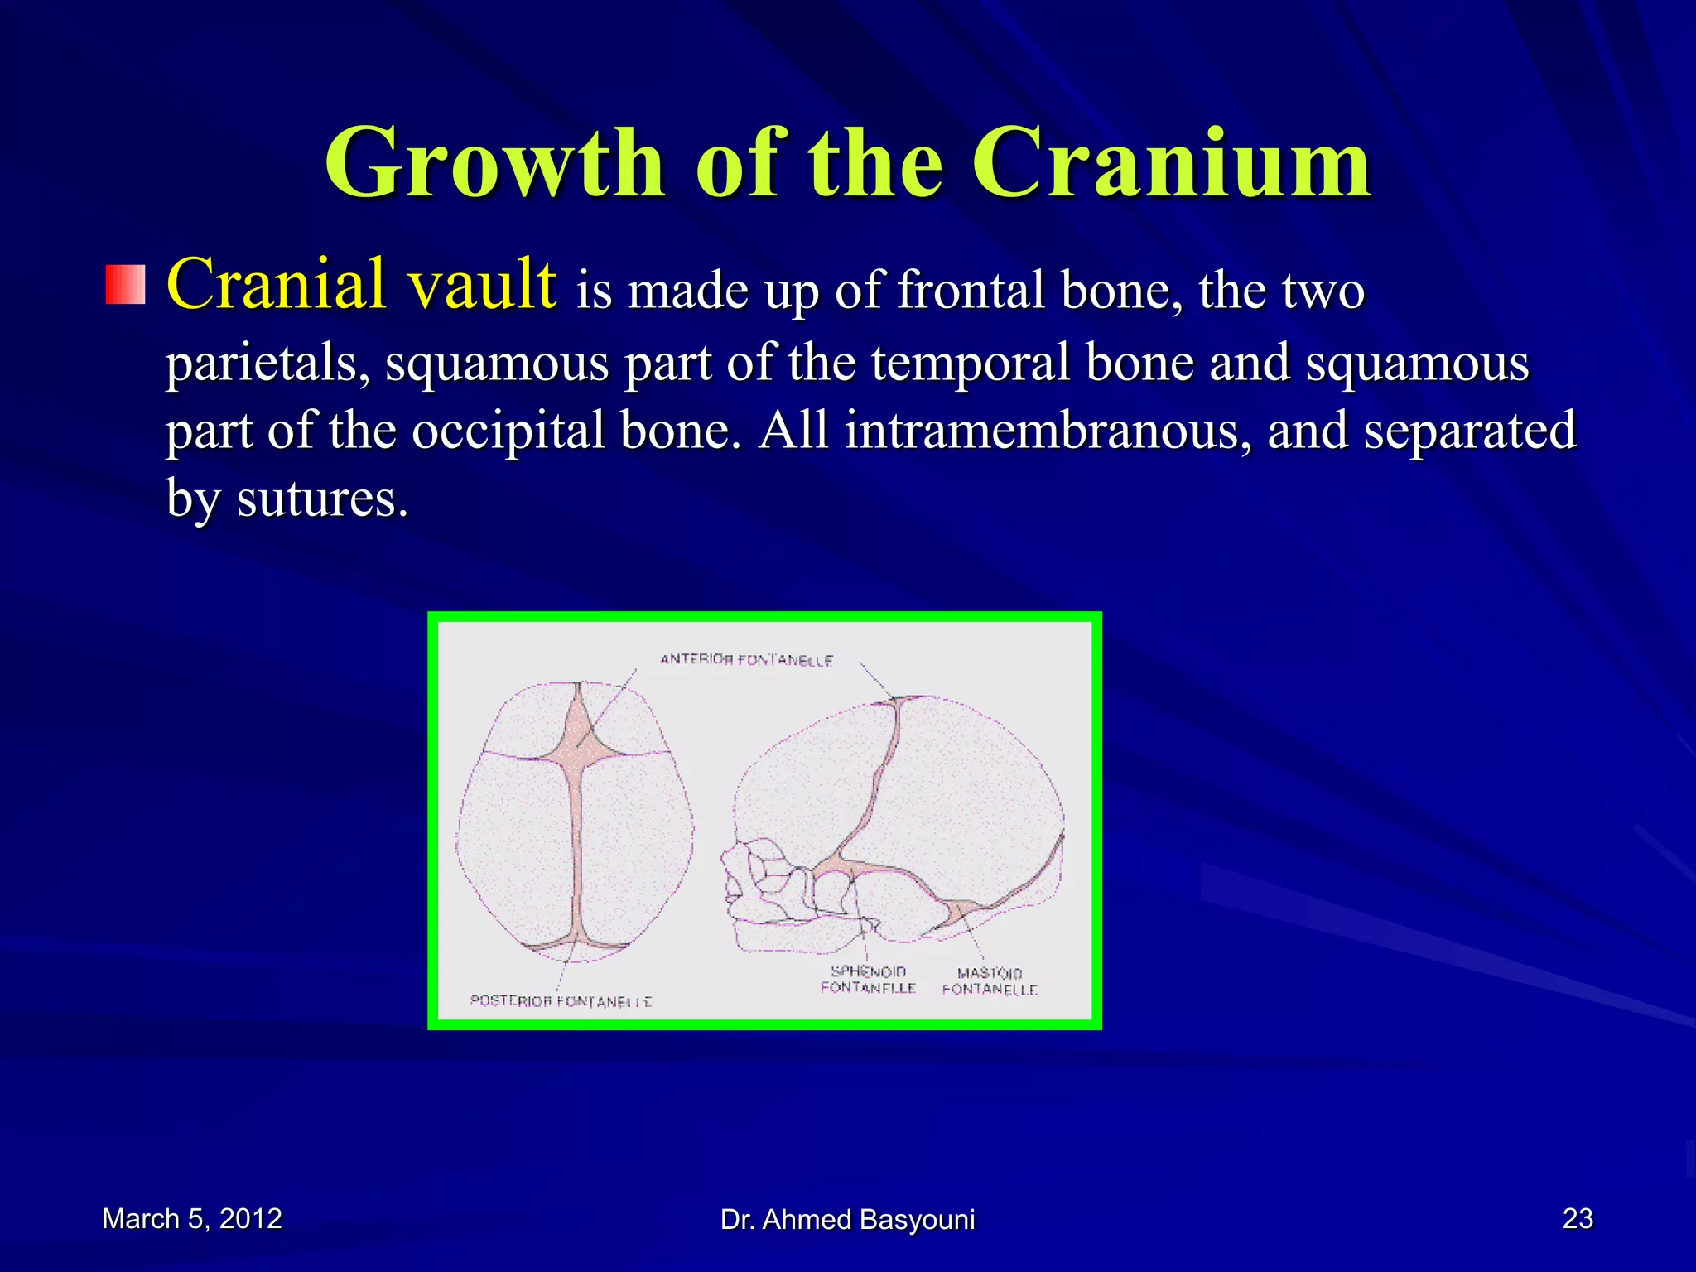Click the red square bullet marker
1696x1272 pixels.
126,285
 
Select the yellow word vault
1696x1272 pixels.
481,284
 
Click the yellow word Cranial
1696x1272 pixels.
275,284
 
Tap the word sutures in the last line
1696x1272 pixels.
322,499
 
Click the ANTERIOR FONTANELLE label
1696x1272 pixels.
746,660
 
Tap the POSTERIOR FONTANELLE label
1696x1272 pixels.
561,1001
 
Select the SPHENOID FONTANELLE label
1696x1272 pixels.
868,980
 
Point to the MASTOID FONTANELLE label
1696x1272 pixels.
990,981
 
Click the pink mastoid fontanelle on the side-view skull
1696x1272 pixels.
961,910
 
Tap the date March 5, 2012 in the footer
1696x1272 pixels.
192,1219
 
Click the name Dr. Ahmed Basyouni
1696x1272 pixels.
847,1220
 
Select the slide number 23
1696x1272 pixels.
1577,1219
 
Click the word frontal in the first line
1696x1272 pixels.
971,291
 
